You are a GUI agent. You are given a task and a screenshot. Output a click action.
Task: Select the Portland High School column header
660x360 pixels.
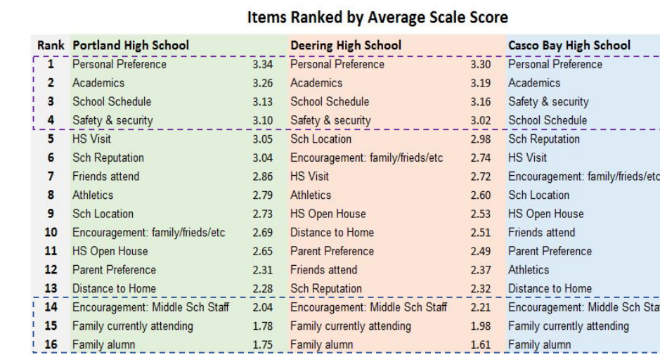coord(130,46)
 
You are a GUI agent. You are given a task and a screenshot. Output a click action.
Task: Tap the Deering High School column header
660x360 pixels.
coord(346,46)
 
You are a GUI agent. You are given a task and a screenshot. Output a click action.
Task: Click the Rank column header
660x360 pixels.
coord(49,46)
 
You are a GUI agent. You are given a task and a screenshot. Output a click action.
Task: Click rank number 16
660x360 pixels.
coord(50,345)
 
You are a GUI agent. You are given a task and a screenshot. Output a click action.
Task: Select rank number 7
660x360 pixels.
coord(50,176)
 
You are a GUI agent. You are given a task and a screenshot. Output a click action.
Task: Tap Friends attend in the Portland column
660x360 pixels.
coord(105,176)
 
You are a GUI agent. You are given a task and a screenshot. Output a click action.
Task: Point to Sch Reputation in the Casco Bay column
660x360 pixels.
coord(544,139)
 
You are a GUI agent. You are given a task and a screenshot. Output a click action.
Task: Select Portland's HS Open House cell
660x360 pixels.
coord(110,251)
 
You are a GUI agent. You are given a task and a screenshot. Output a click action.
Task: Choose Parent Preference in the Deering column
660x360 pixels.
coord(332,251)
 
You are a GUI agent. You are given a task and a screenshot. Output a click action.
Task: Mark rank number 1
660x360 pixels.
coord(50,65)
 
